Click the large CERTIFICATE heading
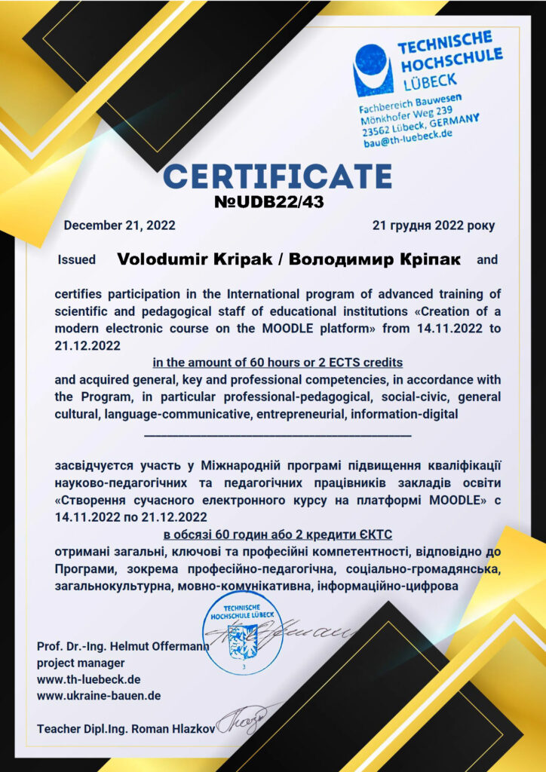pyautogui.click(x=278, y=176)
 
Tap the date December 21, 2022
pyautogui.click(x=119, y=225)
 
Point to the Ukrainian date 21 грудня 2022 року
pyautogui.click(x=434, y=225)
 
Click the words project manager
pyautogui.click(x=81, y=663)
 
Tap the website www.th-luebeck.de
pyautogui.click(x=88, y=679)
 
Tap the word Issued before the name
pyautogui.click(x=77, y=260)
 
